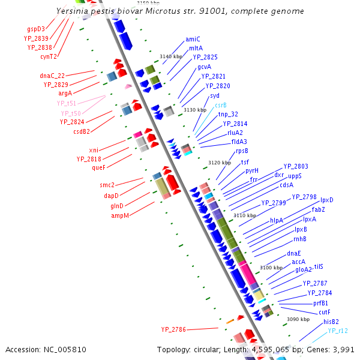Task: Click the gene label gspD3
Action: (x=35, y=29)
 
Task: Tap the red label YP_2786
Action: (x=173, y=329)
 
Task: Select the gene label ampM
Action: (x=120, y=215)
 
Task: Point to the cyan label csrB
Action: (x=221, y=105)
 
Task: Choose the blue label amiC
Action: (x=193, y=39)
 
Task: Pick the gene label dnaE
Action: (x=293, y=253)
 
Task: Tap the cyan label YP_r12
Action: (x=338, y=331)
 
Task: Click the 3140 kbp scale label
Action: (x=170, y=56)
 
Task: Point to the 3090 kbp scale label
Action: (x=298, y=320)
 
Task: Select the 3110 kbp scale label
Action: (x=245, y=215)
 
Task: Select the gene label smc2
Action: (x=107, y=185)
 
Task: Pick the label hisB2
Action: (x=331, y=322)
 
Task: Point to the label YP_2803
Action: (x=296, y=166)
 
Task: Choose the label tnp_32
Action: (x=228, y=114)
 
